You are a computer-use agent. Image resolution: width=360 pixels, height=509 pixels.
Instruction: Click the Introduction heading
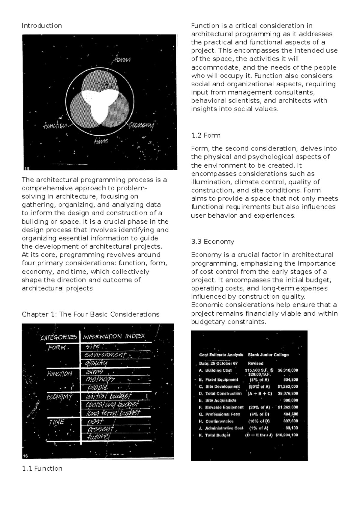(x=42, y=26)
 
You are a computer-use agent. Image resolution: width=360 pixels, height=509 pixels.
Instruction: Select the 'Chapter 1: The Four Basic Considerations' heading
(x=90, y=314)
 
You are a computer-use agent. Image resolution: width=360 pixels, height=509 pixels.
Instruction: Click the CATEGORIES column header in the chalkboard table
(x=59, y=337)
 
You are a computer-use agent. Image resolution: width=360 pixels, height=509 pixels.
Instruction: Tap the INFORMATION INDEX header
(x=114, y=336)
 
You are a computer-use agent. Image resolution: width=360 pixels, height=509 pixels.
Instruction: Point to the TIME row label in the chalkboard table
(x=57, y=422)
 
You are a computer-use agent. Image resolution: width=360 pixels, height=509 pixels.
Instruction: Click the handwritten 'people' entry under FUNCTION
(x=97, y=388)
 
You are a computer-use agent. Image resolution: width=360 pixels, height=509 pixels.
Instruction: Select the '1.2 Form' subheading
(x=206, y=135)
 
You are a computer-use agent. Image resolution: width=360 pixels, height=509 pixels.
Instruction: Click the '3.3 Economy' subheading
(x=213, y=242)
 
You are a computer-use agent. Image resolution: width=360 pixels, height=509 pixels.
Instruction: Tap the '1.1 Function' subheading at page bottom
(x=42, y=468)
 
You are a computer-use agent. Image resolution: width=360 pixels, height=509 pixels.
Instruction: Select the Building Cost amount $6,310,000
(x=288, y=370)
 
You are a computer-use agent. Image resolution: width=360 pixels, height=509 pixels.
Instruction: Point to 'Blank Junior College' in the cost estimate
(x=268, y=355)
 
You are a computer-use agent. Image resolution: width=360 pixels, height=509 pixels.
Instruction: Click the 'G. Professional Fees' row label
(x=219, y=414)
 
